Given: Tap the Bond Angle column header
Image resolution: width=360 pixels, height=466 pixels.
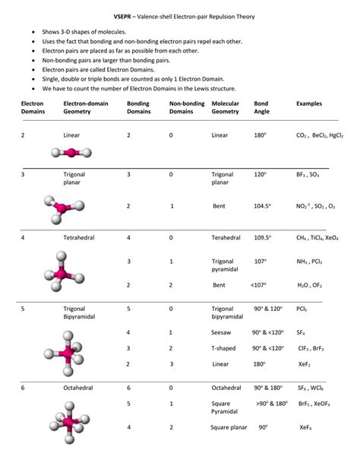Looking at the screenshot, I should tap(261, 107).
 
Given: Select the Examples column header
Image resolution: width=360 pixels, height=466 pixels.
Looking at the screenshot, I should tap(309, 103).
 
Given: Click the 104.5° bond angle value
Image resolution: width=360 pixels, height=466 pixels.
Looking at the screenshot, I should tap(263, 206).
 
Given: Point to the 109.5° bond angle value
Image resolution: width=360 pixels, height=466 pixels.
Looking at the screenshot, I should tap(263, 238).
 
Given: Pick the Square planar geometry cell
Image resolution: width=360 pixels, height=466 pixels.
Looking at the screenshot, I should tap(231, 427).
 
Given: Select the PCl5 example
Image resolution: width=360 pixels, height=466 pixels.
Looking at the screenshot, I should tap(302, 309).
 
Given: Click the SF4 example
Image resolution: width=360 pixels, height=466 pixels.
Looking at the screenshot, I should tap(301, 333).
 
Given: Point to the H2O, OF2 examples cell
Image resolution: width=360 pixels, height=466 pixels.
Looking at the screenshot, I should tap(311, 285).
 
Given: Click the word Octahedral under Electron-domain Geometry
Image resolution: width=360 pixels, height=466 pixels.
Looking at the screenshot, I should tap(77, 388).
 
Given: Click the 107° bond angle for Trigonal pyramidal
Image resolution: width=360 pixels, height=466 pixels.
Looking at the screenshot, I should tap(261, 262).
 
